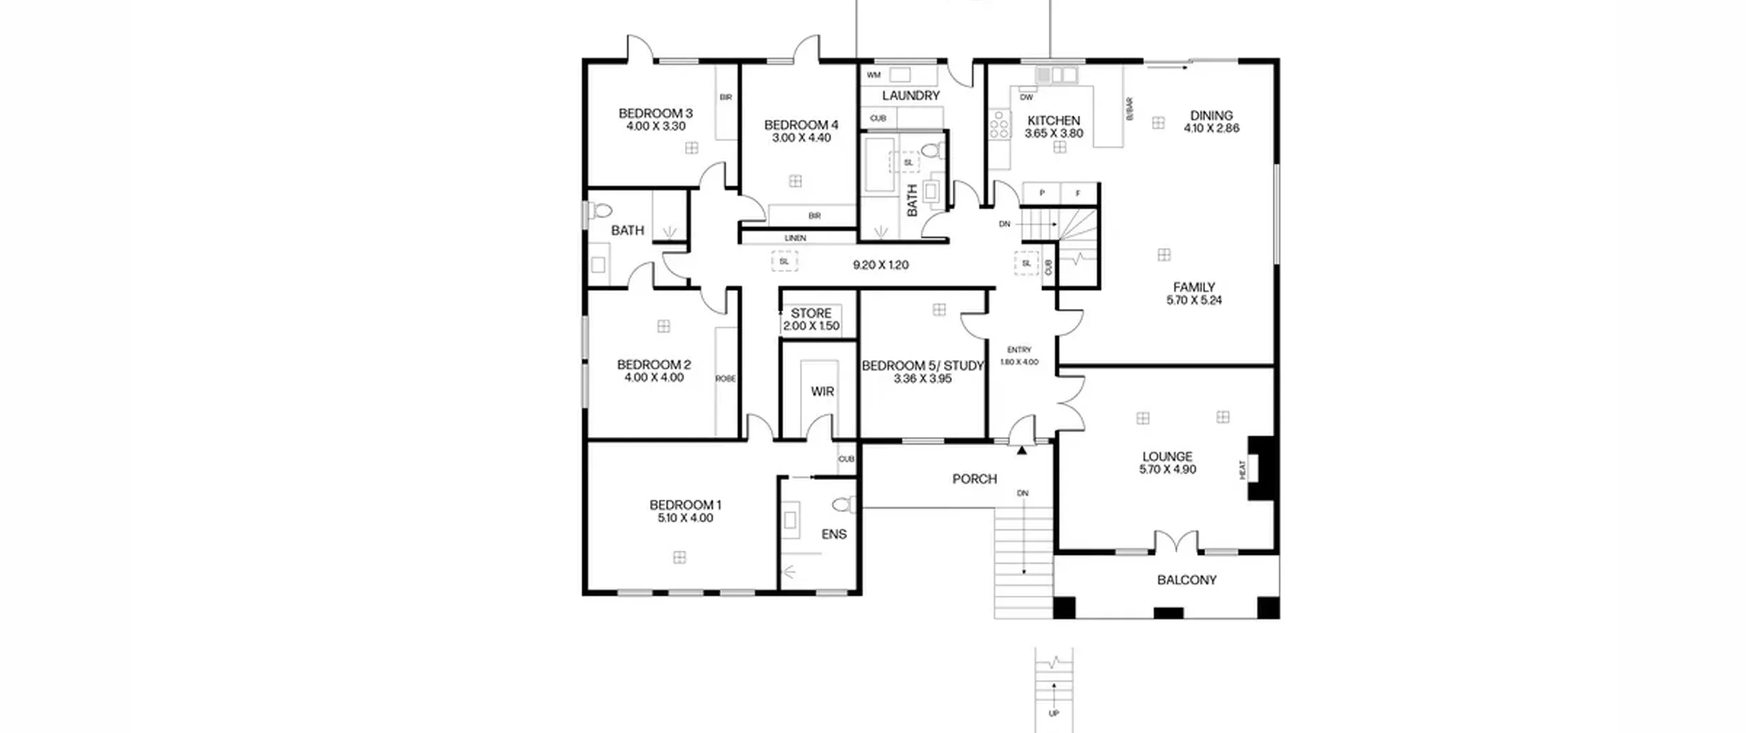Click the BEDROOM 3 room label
coord(655,113)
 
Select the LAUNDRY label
coord(911,95)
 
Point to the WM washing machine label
coord(874,75)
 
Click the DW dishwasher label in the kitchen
coord(1026,98)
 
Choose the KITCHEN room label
coord(1054,121)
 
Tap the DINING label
coord(1211,115)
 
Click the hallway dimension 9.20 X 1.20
coord(881,265)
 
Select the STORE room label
coord(811,313)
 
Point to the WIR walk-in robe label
coord(823,391)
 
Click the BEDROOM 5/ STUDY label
coord(923,365)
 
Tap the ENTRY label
coord(1019,350)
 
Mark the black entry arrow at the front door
coord(1022,450)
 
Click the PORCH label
coord(975,479)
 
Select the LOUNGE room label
coord(1168,457)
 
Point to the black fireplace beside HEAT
coord(1260,468)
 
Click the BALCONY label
coord(1187,580)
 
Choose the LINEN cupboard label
coord(795,238)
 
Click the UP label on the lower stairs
coord(1054,714)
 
